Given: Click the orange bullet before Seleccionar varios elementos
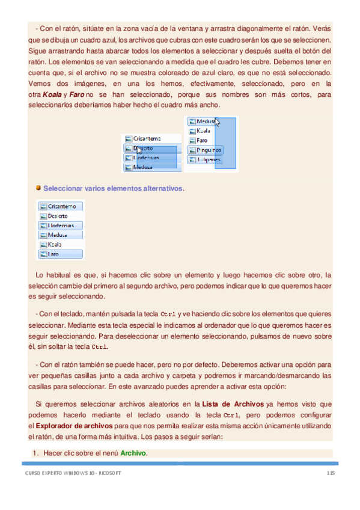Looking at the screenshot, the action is pos(37,188).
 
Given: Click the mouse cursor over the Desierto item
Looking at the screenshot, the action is pos(139,150).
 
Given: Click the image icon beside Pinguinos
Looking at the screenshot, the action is pos(192,150).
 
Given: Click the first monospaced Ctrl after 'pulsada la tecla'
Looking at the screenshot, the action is pos(169,315).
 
